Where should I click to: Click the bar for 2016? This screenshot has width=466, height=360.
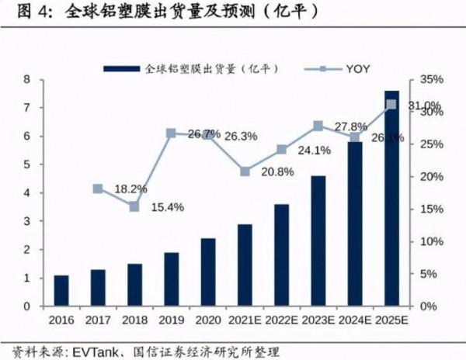click(x=61, y=291)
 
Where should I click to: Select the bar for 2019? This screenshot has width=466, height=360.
click(x=171, y=279)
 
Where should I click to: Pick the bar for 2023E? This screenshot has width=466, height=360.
click(x=318, y=241)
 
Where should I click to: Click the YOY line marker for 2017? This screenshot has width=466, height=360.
click(x=98, y=189)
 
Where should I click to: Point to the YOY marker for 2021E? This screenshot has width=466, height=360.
click(x=245, y=171)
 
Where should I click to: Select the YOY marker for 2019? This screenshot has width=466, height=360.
click(x=171, y=133)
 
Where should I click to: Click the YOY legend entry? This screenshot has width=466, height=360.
click(x=358, y=69)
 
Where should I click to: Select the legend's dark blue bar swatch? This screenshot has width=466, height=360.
click(x=123, y=69)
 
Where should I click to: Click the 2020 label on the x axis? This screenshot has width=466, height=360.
click(x=207, y=319)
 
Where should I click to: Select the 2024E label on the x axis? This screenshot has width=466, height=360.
click(x=354, y=319)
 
